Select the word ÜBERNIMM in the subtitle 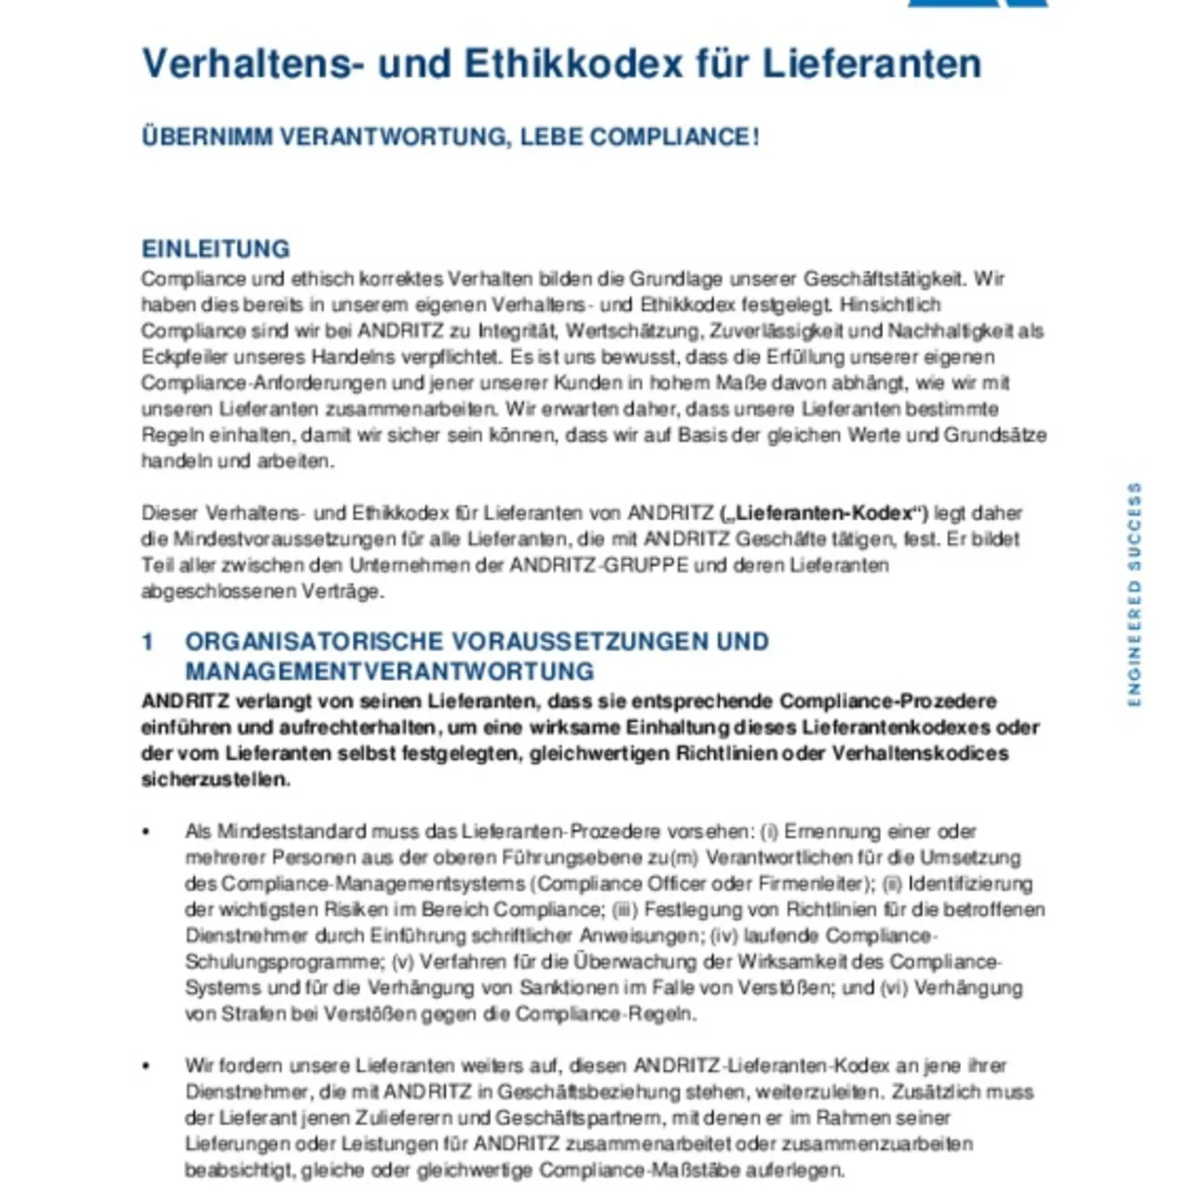pyautogui.click(x=207, y=137)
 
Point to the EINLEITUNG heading pyautogui.click(x=216, y=249)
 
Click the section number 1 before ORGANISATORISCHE pyautogui.click(x=147, y=642)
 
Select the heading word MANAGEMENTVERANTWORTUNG pyautogui.click(x=390, y=671)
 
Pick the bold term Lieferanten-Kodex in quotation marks pyautogui.click(x=823, y=513)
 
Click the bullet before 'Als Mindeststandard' pyautogui.click(x=146, y=832)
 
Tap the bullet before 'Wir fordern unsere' pyautogui.click(x=146, y=1066)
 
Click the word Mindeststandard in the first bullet pyautogui.click(x=291, y=831)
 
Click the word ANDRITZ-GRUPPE pyautogui.click(x=599, y=565)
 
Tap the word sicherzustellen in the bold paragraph pyautogui.click(x=215, y=779)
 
